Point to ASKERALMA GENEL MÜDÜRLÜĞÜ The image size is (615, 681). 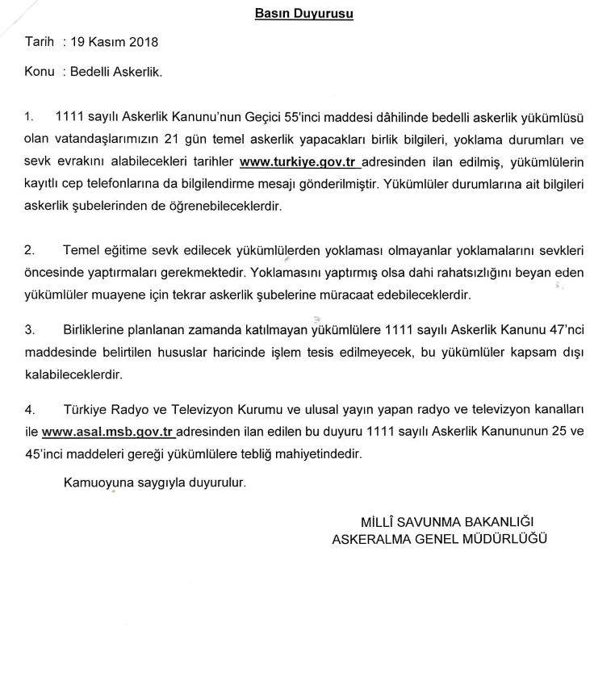click(x=439, y=537)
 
